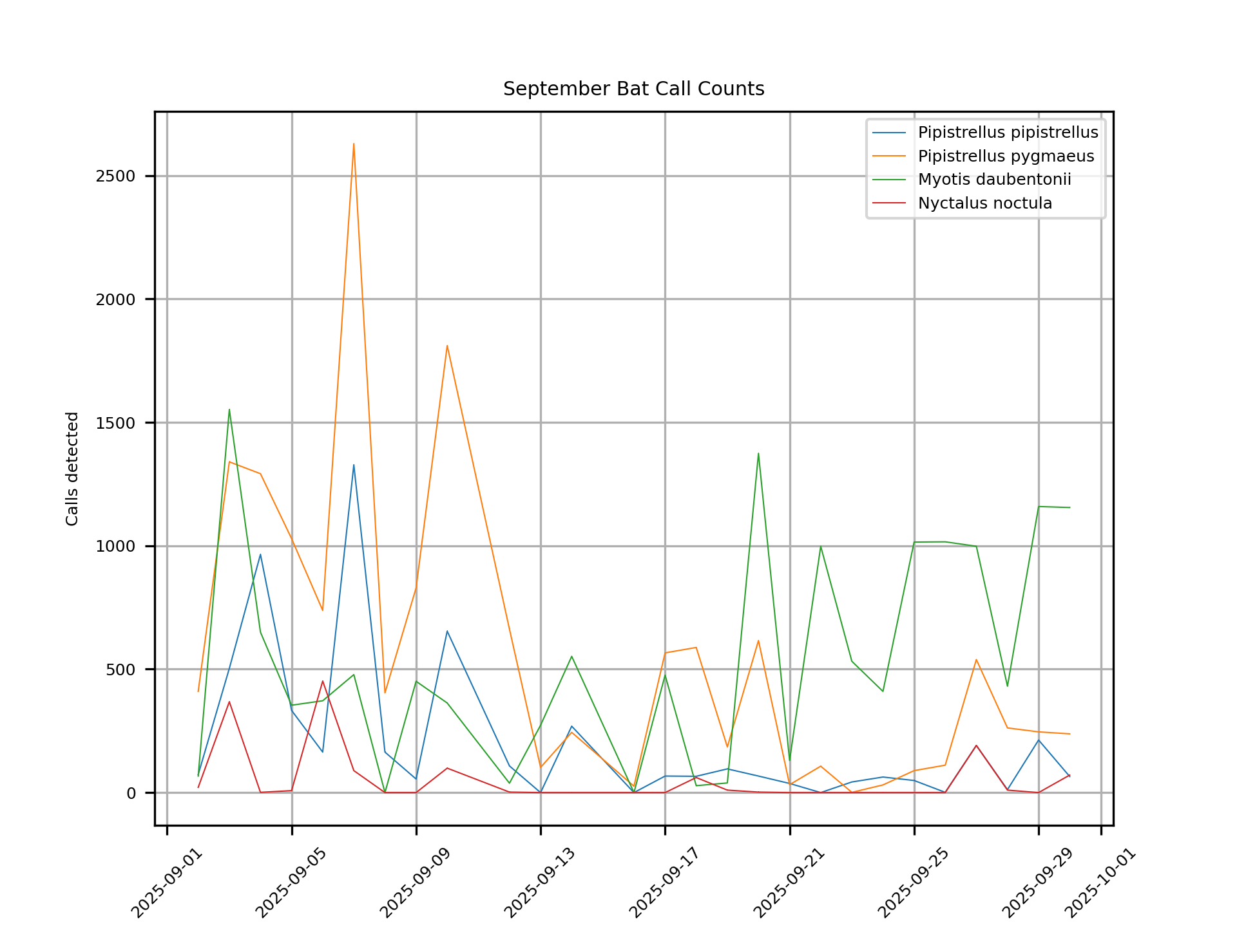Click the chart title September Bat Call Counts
[x=633, y=89]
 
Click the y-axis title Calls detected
[x=72, y=469]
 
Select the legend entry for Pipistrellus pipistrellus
[x=1008, y=133]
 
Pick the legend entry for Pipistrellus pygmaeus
[x=1006, y=156]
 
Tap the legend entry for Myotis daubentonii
[x=994, y=180]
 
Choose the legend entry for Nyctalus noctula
[x=984, y=203]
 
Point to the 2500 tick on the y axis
[x=115, y=176]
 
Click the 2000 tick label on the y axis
[x=115, y=299]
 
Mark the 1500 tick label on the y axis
[x=115, y=423]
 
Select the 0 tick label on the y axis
[x=131, y=793]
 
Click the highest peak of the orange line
[x=354, y=144]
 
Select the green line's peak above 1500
[x=229, y=409]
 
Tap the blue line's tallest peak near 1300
[x=354, y=465]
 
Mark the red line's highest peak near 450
[x=323, y=681]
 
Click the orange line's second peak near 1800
[x=447, y=346]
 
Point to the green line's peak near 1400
[x=758, y=453]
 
